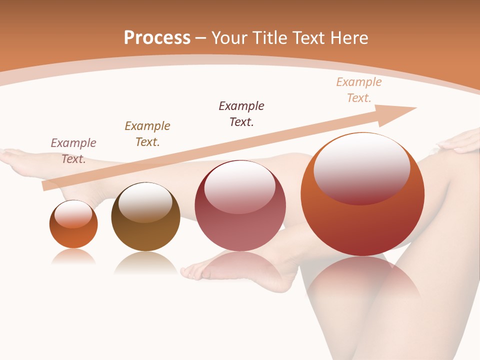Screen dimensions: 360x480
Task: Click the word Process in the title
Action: coord(157,37)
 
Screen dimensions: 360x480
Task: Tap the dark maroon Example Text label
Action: coord(241,114)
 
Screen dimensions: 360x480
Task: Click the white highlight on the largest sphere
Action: coord(361,167)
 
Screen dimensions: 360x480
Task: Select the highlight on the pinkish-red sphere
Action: coord(239,187)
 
